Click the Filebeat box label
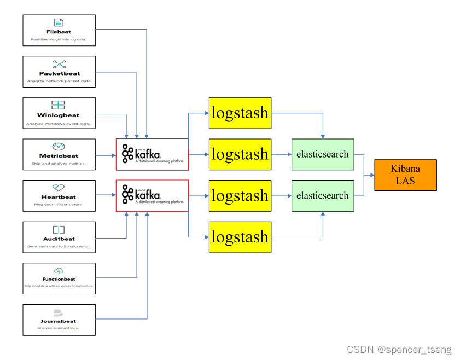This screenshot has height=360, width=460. (59, 32)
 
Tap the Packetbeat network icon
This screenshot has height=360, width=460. (59, 64)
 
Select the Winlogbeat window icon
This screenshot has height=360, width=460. (59, 105)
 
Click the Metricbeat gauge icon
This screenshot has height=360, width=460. (59, 147)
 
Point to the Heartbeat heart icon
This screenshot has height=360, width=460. (59, 188)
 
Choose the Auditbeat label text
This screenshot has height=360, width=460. (59, 239)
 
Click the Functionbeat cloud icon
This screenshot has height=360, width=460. (59, 271)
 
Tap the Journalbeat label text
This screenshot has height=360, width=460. (59, 321)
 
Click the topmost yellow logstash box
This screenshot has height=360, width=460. (240, 113)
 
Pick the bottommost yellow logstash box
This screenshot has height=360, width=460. (240, 237)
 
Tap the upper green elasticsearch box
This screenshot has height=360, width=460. (322, 154)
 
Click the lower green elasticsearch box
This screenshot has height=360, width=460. (322, 195)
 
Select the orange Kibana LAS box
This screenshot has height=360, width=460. (405, 175)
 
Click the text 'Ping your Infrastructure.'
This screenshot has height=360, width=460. (59, 205)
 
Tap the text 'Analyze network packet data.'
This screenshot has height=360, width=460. (59, 81)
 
